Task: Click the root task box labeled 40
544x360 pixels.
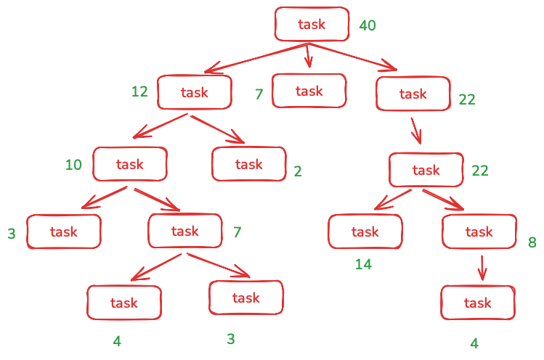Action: click(x=311, y=25)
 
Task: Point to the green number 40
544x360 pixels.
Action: click(x=368, y=26)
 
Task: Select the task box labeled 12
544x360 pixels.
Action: click(x=195, y=92)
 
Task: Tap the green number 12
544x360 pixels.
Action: click(x=139, y=92)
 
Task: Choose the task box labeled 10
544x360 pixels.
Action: click(x=130, y=164)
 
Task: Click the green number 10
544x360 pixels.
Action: click(x=74, y=165)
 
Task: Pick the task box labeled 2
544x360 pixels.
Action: click(x=248, y=164)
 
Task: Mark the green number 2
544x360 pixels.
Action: click(x=298, y=171)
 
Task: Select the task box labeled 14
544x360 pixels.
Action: click(x=365, y=232)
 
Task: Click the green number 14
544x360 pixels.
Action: click(x=363, y=264)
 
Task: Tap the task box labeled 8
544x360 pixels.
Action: click(x=479, y=232)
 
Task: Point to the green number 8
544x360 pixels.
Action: click(x=532, y=243)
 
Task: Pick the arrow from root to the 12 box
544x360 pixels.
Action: click(x=254, y=57)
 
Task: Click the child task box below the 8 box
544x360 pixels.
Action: click(x=478, y=303)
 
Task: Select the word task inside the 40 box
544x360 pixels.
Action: click(x=312, y=25)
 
